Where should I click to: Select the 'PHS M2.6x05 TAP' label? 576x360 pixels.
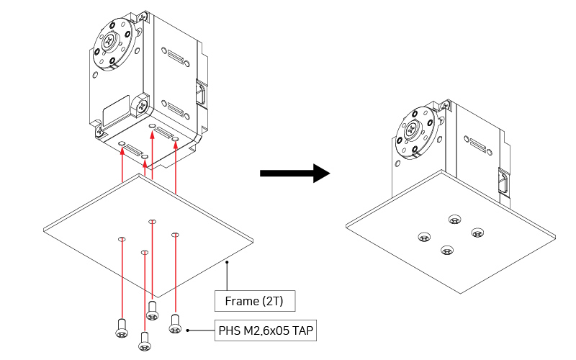click(266, 331)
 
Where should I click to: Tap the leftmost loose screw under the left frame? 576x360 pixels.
click(121, 328)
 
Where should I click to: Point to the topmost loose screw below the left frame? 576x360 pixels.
click(152, 310)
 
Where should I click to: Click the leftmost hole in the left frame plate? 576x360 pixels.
click(122, 238)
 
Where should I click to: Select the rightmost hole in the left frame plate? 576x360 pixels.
click(175, 234)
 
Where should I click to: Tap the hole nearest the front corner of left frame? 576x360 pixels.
click(145, 252)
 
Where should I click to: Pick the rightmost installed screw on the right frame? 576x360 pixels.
click(477, 232)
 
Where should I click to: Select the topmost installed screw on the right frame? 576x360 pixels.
click(454, 220)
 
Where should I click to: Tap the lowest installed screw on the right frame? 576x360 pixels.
click(448, 251)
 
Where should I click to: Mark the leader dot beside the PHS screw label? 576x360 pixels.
click(188, 331)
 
